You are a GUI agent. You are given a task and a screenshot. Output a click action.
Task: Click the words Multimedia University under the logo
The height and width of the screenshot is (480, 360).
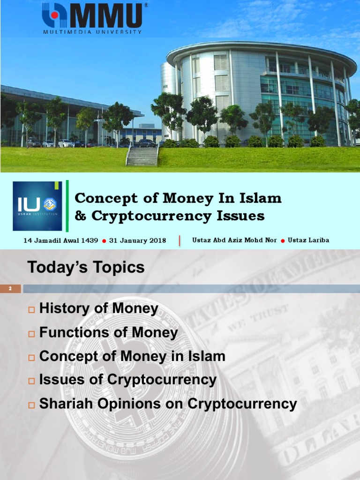(92, 32)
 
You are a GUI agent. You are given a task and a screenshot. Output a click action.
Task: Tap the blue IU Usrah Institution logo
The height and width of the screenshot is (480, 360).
(37, 206)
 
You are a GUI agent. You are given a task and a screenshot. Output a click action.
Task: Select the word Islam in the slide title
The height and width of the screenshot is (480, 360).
(262, 198)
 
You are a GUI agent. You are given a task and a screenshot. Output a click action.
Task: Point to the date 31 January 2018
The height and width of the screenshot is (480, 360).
(137, 240)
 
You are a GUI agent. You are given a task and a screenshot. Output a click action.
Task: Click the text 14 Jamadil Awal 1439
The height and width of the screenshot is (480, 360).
(61, 240)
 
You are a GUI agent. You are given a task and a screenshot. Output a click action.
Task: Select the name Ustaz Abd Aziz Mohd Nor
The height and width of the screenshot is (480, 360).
(234, 240)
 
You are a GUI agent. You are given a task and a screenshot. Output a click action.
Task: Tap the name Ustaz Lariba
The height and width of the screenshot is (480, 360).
(308, 240)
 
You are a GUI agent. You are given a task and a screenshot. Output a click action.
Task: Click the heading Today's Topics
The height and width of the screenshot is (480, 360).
(86, 268)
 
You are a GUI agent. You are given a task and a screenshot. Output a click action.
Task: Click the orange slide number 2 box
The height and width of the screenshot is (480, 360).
(10, 289)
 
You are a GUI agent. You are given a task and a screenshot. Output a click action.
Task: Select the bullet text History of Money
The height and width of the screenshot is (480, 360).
(99, 308)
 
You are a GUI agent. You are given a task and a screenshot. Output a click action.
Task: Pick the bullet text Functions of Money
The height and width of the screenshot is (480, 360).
(109, 333)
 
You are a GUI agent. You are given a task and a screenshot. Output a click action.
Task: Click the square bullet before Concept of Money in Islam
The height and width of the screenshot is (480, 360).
(32, 358)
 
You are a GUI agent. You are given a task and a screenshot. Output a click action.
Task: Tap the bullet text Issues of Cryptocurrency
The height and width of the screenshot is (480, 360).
(128, 380)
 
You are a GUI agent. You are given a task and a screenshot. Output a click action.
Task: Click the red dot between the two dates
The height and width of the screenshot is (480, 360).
(104, 241)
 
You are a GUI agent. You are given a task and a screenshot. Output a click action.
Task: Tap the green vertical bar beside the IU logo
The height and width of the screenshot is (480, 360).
(67, 206)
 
